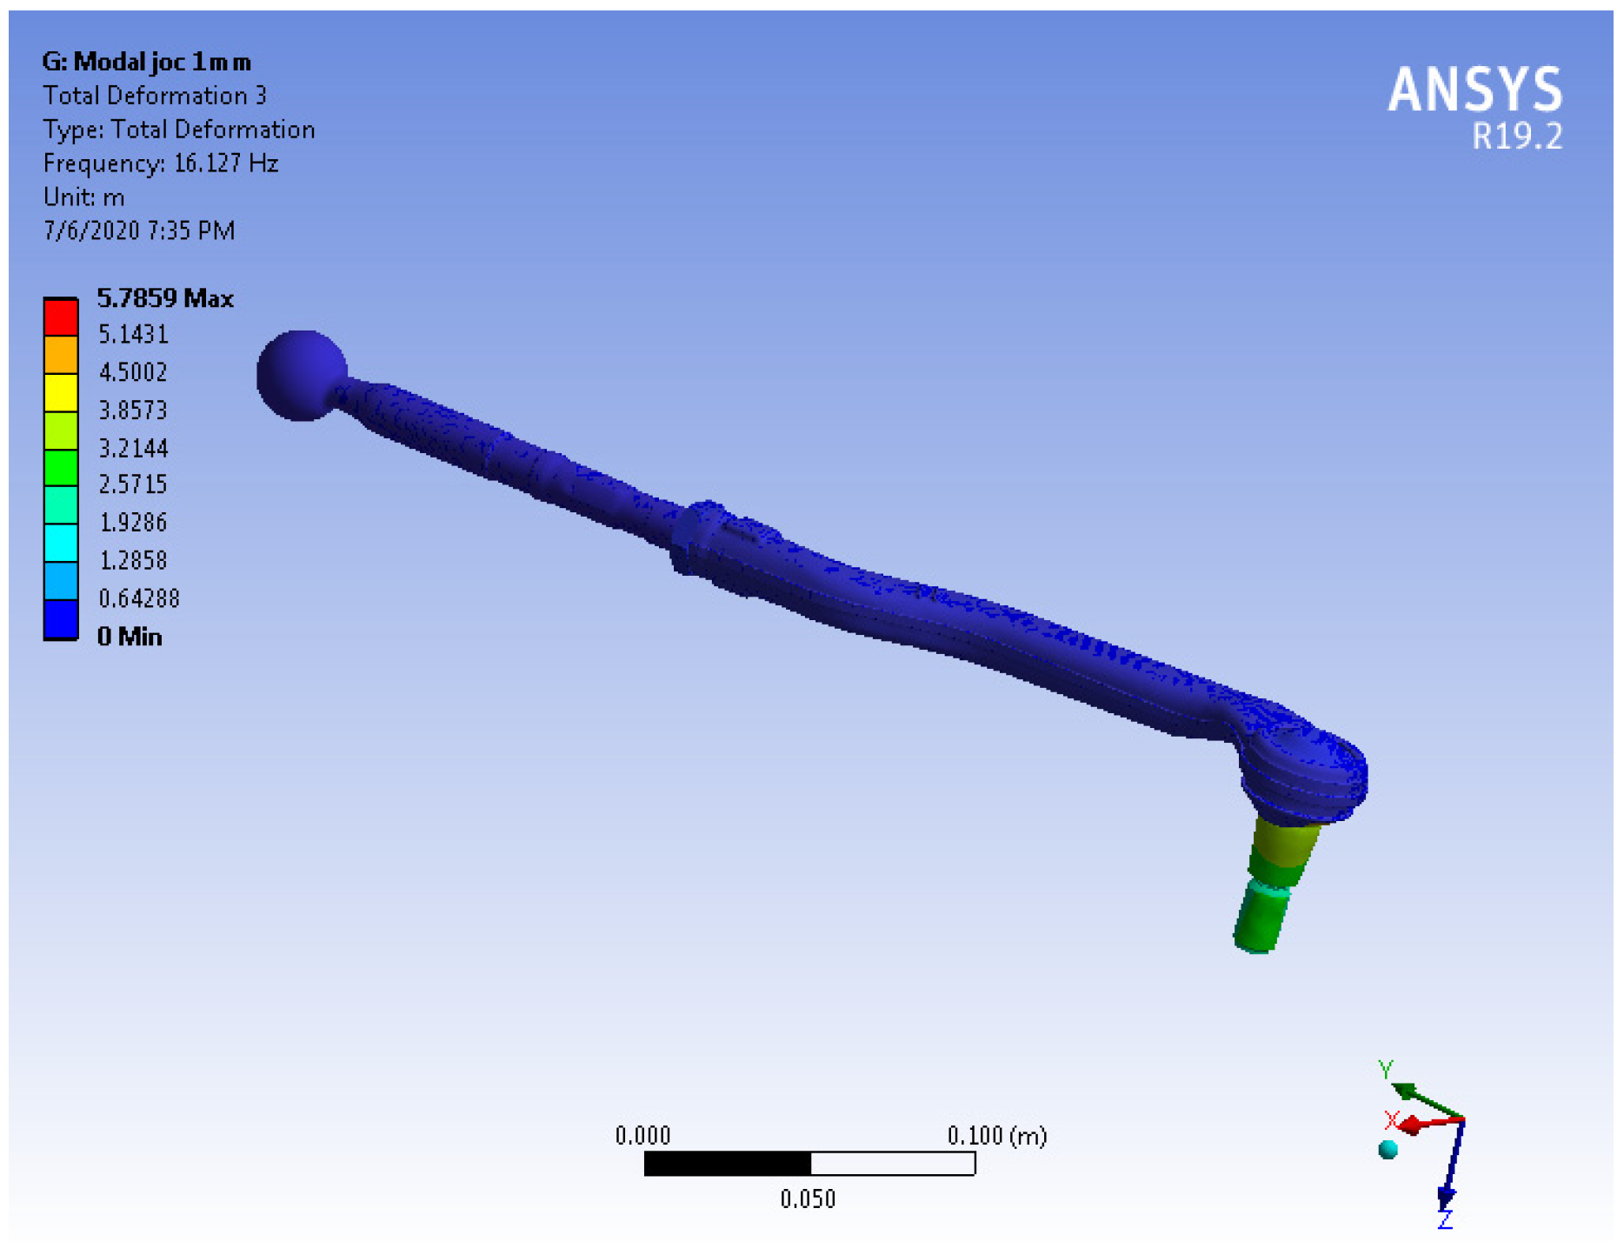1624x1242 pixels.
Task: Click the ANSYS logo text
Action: pyautogui.click(x=1474, y=90)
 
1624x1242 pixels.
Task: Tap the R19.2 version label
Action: pyautogui.click(x=1517, y=137)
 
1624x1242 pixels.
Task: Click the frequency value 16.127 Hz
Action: pyautogui.click(x=226, y=164)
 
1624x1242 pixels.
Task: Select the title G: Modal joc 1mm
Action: pyautogui.click(x=146, y=62)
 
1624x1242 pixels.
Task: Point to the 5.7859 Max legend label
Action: pyautogui.click(x=165, y=298)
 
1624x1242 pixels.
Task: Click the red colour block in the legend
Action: pyautogui.click(x=61, y=317)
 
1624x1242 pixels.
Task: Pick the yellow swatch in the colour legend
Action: pyautogui.click(x=61, y=392)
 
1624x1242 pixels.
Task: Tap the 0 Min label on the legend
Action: pyautogui.click(x=130, y=637)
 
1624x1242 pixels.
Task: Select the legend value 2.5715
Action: pyautogui.click(x=133, y=484)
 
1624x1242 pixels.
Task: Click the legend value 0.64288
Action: pyautogui.click(x=139, y=598)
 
